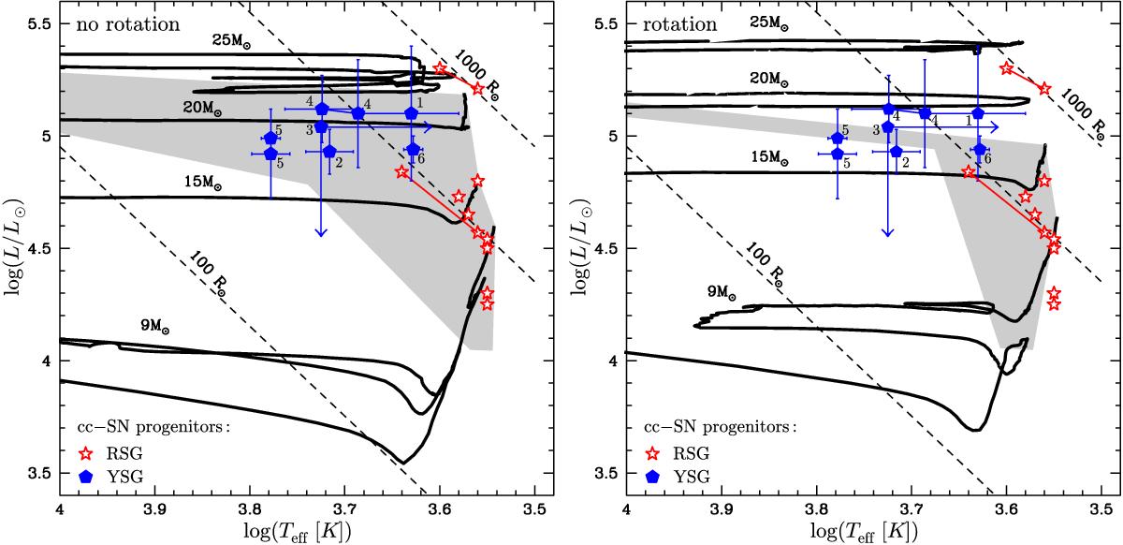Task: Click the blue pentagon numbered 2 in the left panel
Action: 328,152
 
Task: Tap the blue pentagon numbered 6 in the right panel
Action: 980,149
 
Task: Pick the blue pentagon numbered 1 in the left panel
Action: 411,113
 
